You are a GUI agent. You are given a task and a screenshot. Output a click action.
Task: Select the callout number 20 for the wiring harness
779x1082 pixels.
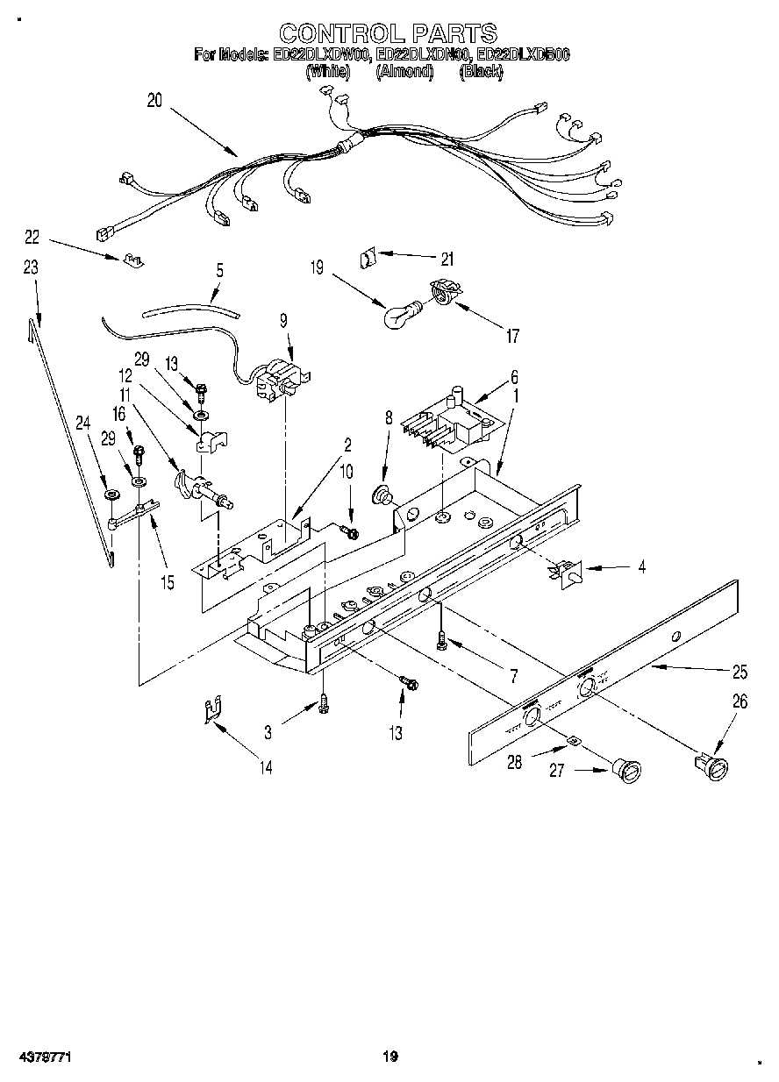154,101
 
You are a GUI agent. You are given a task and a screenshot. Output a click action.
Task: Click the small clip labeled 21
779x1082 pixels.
368,259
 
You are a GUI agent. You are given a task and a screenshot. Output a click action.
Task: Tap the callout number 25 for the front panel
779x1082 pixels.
740,673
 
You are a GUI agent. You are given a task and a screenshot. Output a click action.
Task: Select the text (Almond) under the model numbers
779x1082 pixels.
404,73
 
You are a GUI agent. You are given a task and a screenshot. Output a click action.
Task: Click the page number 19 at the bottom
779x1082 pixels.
390,1057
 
